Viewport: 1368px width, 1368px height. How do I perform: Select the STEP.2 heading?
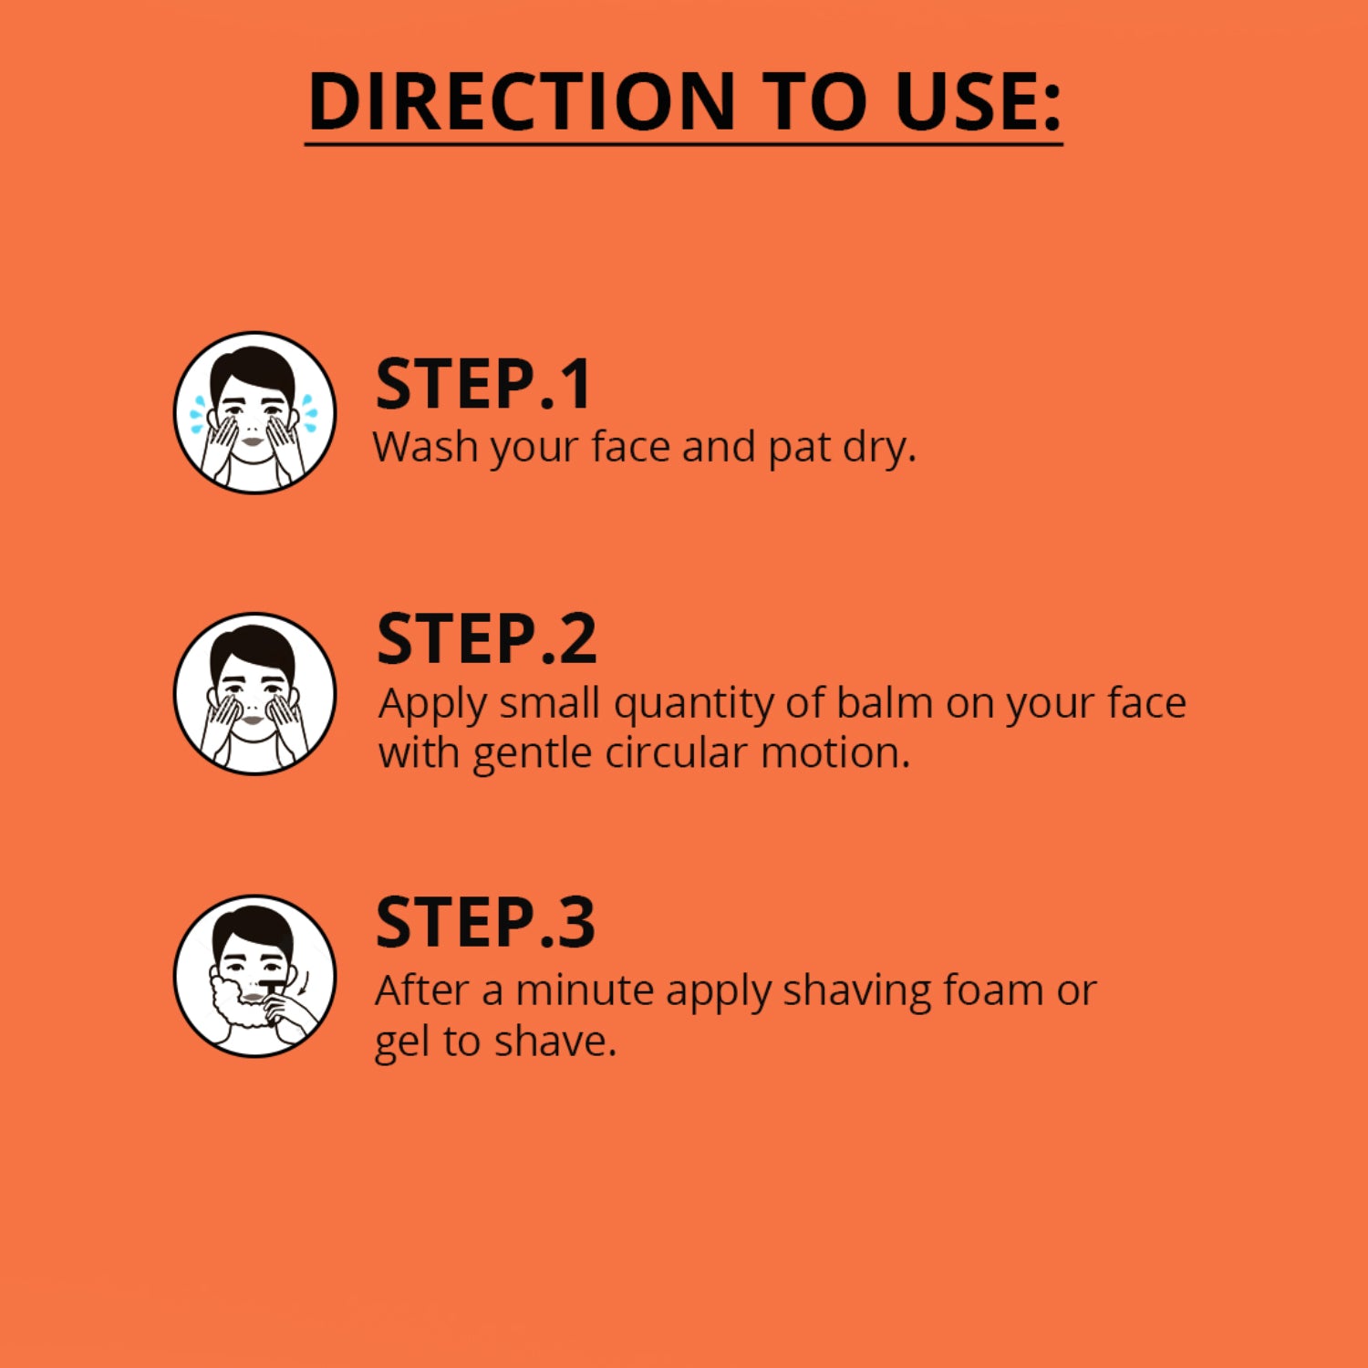point(487,639)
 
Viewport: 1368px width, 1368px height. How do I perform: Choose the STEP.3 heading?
point(485,922)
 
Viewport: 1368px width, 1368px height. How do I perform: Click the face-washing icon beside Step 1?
point(254,412)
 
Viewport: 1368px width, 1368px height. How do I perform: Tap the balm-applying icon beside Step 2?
point(254,693)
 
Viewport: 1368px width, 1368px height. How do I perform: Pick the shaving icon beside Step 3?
point(254,975)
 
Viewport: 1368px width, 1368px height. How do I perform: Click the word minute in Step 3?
point(585,990)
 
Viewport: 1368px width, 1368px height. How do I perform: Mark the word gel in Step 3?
point(402,1042)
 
